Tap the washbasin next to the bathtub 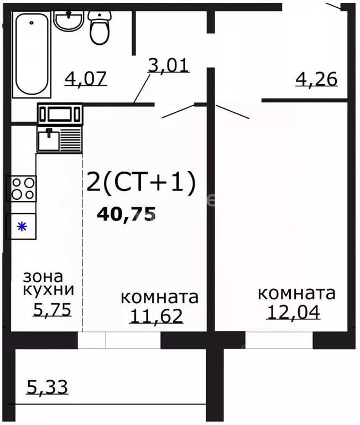(69, 22)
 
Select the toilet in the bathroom (100, 27)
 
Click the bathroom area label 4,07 (86, 78)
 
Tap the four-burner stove (21, 188)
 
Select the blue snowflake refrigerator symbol (21, 226)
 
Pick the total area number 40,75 (126, 214)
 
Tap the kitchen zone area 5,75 (53, 310)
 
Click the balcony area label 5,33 (47, 386)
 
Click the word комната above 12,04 (296, 293)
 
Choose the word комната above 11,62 (159, 297)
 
